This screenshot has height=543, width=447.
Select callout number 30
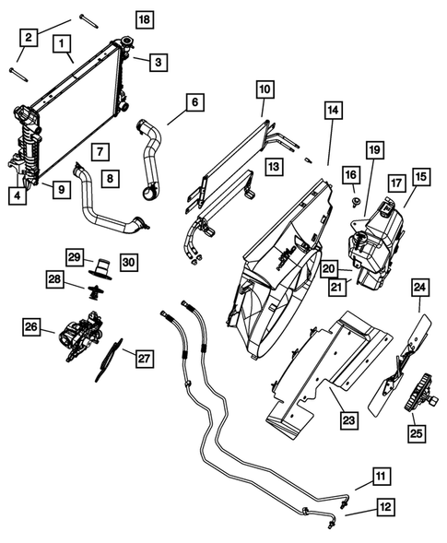tap(128, 262)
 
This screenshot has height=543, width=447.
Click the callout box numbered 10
tap(265, 89)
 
